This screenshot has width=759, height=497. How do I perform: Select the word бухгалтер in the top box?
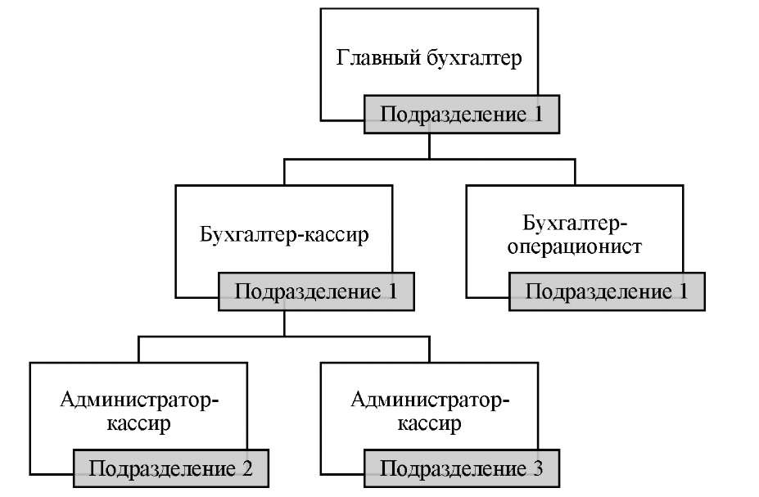point(474,60)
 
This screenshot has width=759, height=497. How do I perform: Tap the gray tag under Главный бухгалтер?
point(462,114)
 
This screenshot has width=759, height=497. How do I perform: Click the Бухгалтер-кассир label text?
point(284,235)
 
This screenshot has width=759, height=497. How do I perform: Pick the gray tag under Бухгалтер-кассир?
point(316,291)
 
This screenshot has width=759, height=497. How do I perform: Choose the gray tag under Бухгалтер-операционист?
point(607,291)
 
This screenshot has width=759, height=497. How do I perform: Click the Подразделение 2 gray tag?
point(170,469)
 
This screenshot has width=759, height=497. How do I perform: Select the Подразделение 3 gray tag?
point(461,469)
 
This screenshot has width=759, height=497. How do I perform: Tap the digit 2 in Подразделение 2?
point(246,469)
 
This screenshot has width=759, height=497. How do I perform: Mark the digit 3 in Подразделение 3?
point(537,469)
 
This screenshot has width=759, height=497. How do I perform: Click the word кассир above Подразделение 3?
point(430,424)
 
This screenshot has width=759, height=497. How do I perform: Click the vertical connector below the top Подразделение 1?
point(430,146)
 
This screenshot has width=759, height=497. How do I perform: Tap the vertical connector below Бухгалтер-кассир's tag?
point(284,323)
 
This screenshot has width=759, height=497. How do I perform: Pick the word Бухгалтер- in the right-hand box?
point(574,222)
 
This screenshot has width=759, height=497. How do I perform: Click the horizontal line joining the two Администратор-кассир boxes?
point(284,337)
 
